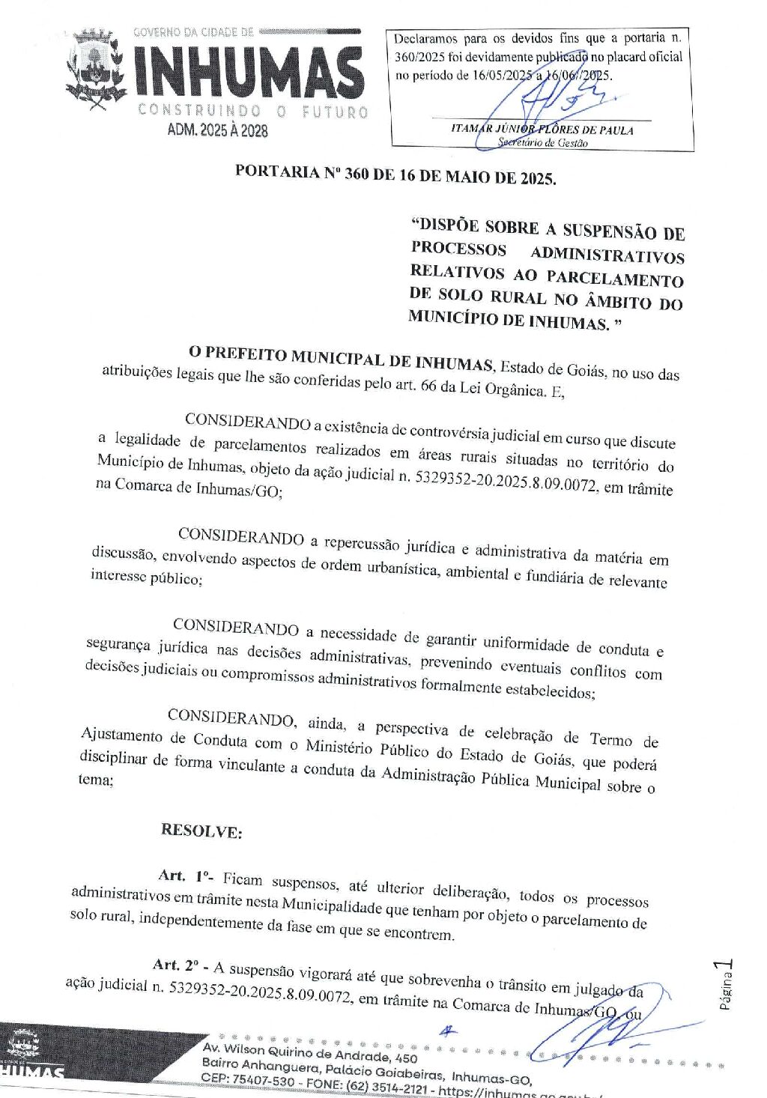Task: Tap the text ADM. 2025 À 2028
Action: click(x=217, y=130)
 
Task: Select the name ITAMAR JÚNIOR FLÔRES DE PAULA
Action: click(x=542, y=129)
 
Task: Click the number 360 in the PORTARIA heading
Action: click(x=357, y=175)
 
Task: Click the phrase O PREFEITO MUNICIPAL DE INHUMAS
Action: click(x=341, y=358)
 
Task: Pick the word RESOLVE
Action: click(x=201, y=831)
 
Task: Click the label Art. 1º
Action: click(x=185, y=876)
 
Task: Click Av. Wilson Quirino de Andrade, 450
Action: click(x=310, y=1053)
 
